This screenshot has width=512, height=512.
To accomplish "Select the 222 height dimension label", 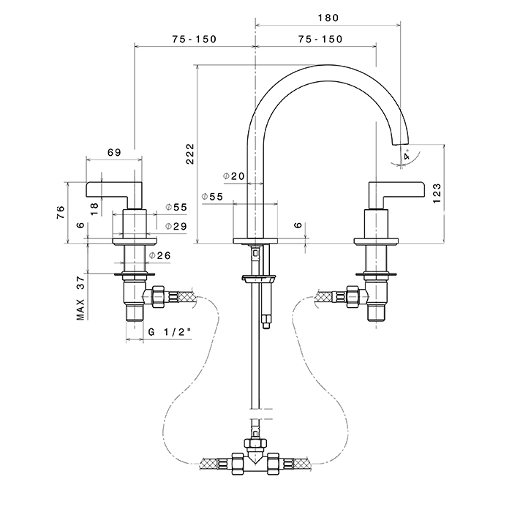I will [190, 154].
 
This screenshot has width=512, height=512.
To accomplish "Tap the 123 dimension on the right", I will [436, 192].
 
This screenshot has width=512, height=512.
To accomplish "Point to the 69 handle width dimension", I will [113, 152].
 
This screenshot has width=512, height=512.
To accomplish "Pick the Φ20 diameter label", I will [234, 176].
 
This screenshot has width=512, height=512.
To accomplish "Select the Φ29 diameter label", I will [176, 226].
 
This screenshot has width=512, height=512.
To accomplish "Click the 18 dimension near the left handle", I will [94, 208].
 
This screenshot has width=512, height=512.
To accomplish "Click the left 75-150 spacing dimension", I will [195, 39].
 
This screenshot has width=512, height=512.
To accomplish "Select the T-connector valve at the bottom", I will [255, 458].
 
